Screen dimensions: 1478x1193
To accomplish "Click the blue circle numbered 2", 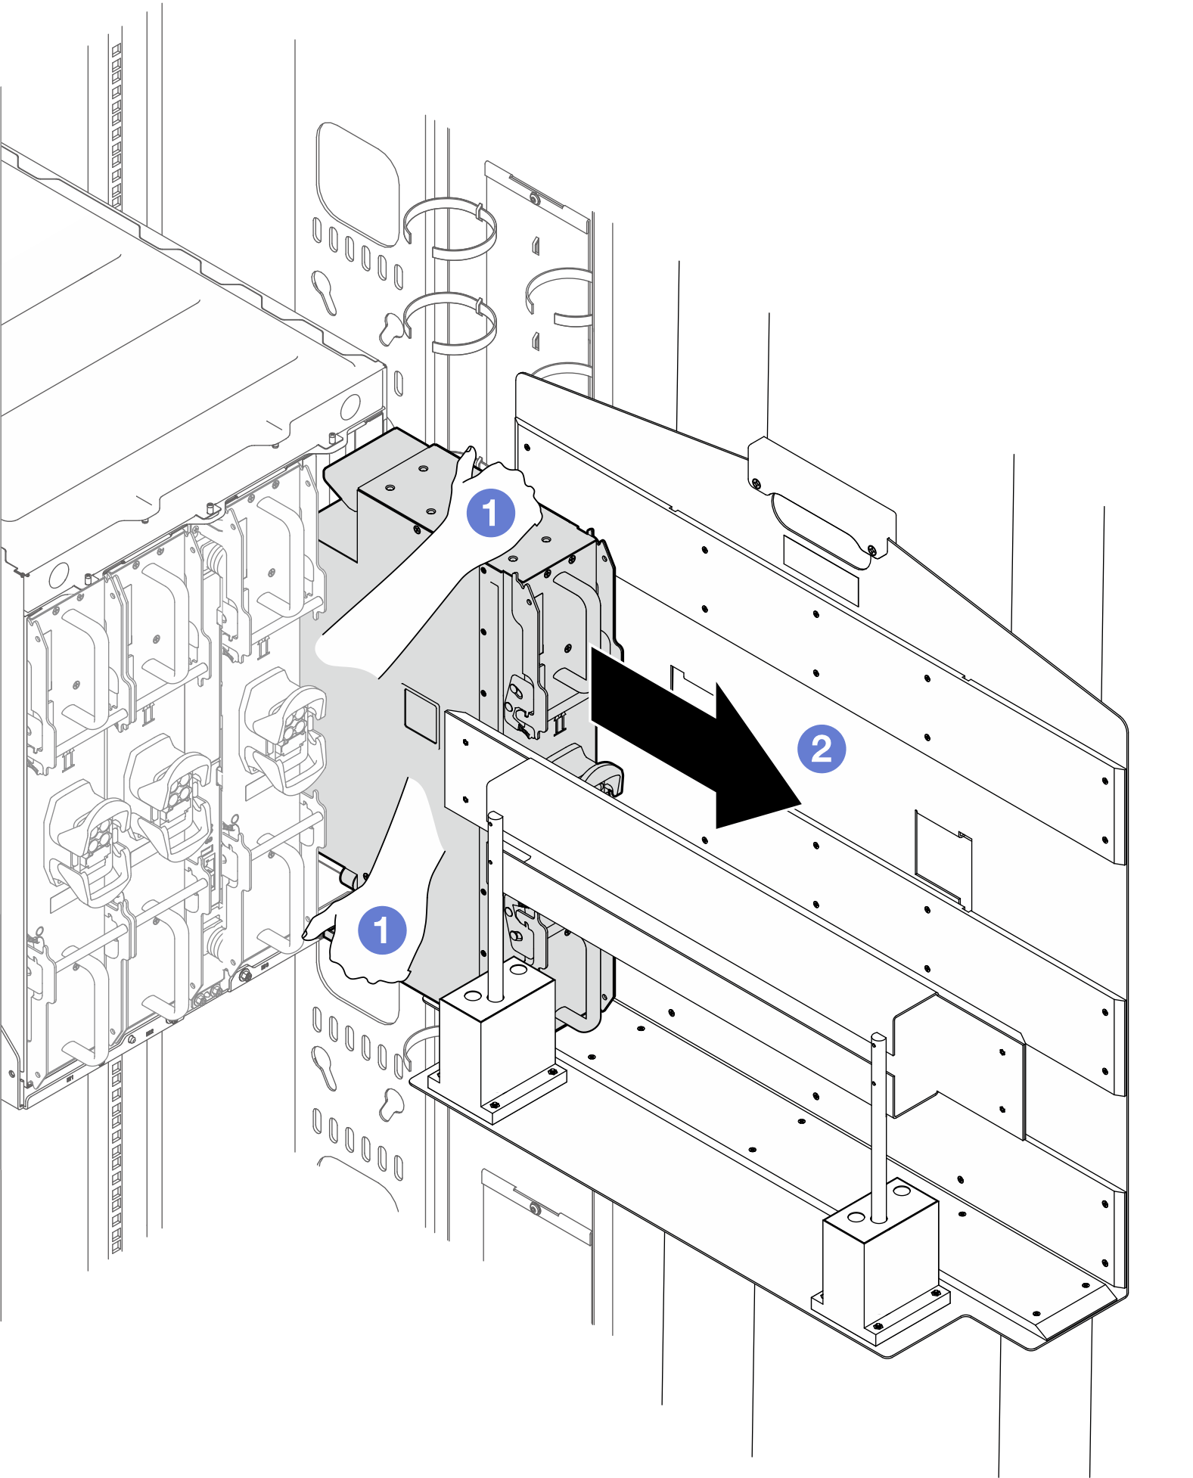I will point(822,749).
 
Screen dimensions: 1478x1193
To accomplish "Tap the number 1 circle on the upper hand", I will point(490,513).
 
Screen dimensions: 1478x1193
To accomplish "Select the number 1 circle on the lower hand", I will point(382,930).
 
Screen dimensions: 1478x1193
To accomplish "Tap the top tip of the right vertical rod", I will point(878,1039).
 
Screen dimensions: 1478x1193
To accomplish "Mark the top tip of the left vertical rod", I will point(495,817).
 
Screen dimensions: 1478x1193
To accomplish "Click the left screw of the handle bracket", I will point(755,482).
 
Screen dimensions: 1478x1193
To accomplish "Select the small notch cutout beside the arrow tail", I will point(691,681).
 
